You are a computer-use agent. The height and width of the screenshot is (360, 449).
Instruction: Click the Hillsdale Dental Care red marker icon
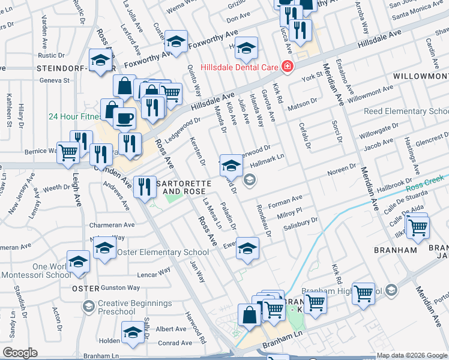287,67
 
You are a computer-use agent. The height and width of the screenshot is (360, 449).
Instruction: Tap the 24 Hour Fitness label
77,116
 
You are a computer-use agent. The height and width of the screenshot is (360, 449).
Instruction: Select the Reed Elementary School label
406,112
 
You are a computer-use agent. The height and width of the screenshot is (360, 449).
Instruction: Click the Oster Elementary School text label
163,252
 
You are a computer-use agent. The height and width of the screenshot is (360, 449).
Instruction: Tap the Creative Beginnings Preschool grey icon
88,307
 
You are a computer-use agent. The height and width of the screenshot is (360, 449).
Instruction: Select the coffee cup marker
124,119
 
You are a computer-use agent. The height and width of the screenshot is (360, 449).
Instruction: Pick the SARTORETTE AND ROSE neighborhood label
176,187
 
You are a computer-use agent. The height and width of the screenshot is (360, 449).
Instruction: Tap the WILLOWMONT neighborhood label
420,77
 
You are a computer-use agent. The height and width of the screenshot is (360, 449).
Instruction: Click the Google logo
20,353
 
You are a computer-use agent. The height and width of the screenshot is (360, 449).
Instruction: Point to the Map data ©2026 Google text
411,355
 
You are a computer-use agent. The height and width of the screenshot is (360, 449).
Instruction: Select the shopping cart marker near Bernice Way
68,153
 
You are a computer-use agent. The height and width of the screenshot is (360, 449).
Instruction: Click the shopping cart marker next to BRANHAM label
417,227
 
